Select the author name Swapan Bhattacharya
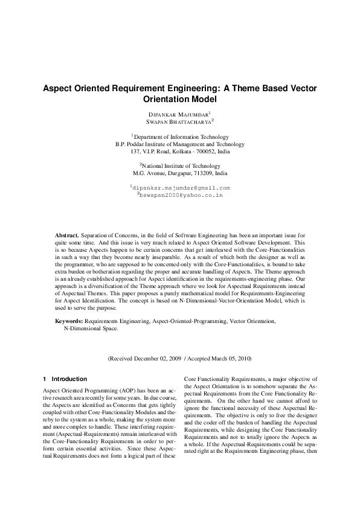point(179,121)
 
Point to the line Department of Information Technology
point(181,137)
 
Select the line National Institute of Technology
point(181,165)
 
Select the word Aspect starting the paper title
point(57,88)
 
